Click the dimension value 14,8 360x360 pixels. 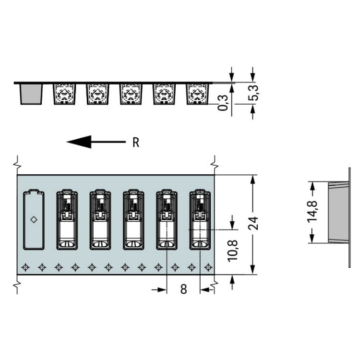tap(312, 212)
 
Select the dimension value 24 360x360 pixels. tap(253, 223)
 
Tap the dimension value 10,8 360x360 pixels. tap(232, 251)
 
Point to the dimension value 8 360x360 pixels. tap(183, 289)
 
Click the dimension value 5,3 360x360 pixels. tap(253, 93)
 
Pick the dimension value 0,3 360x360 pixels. tap(223, 103)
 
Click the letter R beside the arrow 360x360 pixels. tap(136, 143)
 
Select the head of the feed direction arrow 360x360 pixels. tap(79, 142)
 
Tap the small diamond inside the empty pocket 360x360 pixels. tap(34, 220)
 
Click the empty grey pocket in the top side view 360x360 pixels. tap(31, 94)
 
